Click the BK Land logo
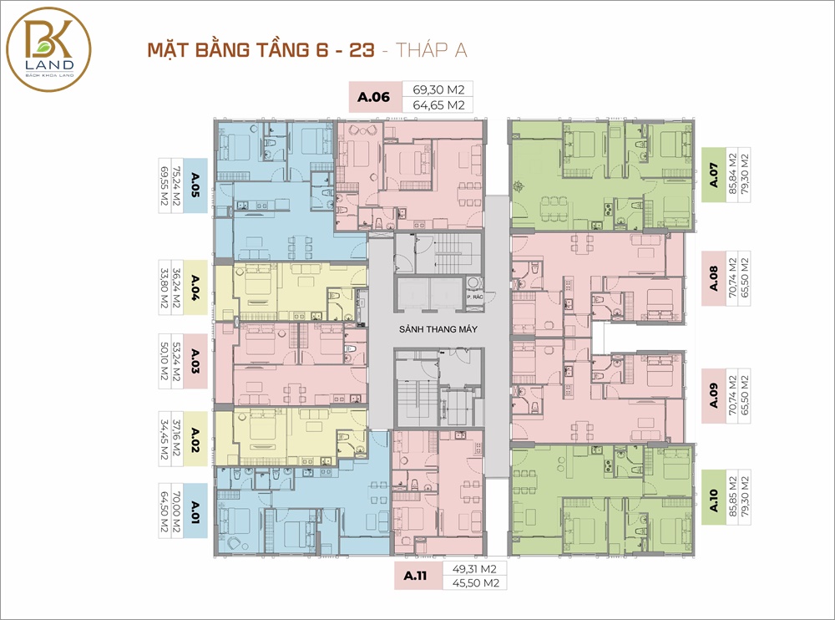coord(48,49)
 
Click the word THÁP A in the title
coord(432,49)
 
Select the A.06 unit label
coord(373,97)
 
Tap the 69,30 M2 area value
coord(439,89)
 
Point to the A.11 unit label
coord(415,576)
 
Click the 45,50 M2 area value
coord(476,583)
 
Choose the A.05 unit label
coord(195,185)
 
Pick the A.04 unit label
coord(195,288)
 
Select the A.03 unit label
coord(195,361)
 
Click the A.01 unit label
coord(195,511)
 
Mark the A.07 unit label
coord(714,175)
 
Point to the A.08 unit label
coord(714,278)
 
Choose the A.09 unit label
coord(714,395)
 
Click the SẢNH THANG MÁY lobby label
coord(438,329)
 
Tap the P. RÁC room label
coord(475,297)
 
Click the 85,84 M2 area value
coord(733,175)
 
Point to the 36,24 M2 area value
coord(177,288)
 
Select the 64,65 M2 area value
coord(439,105)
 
